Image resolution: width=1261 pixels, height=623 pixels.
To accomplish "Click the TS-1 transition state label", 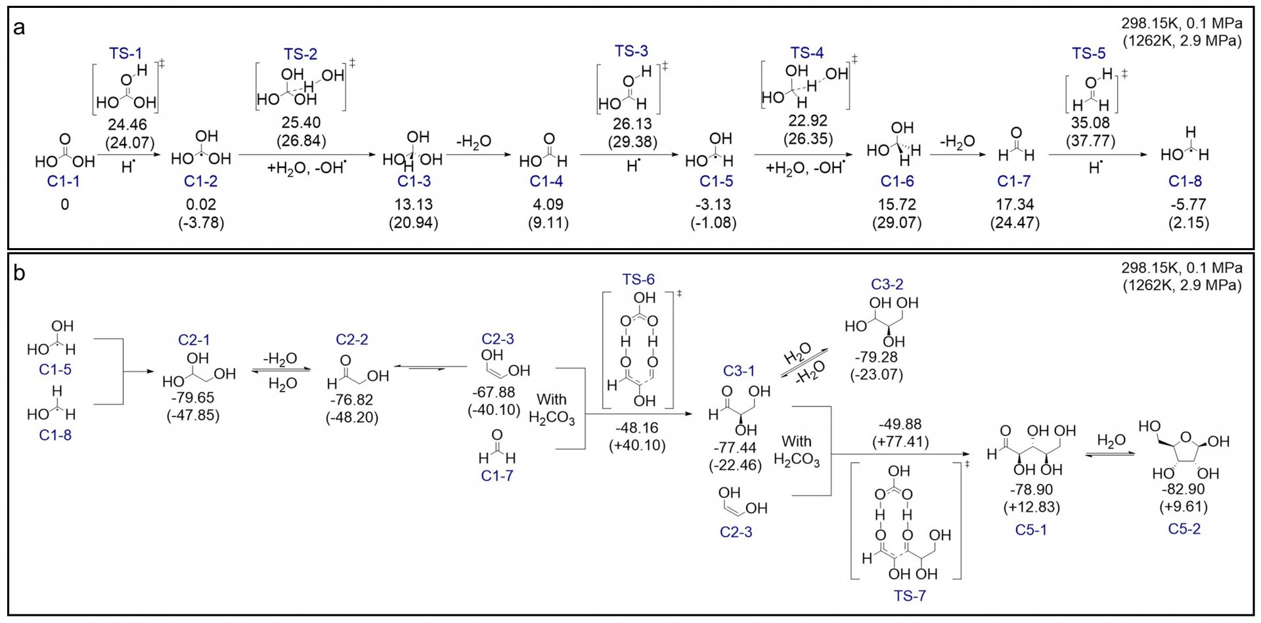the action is pos(125,53).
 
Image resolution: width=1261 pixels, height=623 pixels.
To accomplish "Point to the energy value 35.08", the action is pos(1090,123).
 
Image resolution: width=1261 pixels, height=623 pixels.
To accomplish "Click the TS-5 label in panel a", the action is pos(1089,53).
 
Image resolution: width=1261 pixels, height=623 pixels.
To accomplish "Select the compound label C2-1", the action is pos(194,340).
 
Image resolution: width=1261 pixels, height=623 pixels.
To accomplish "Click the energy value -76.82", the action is pos(352,400).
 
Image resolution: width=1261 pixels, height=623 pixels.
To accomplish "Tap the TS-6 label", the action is pos(639,279).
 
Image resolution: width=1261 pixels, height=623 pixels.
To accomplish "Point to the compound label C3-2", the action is pos(887,284).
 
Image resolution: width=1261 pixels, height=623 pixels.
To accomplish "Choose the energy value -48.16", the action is pos(636,428).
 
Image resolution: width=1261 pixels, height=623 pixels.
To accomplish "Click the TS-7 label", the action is pos(910,596).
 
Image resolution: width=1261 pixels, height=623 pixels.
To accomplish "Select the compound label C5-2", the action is pos(1184,529).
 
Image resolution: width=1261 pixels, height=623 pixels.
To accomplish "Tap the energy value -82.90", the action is pos(1184,490).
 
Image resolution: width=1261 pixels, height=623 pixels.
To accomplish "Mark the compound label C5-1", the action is pos(1031,530).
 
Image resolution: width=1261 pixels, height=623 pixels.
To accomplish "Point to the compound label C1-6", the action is pos(896,181).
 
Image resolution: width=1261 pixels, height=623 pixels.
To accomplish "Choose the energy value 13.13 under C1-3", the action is pos(414,205).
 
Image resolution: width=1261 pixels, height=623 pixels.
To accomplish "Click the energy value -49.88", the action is pos(900,424).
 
